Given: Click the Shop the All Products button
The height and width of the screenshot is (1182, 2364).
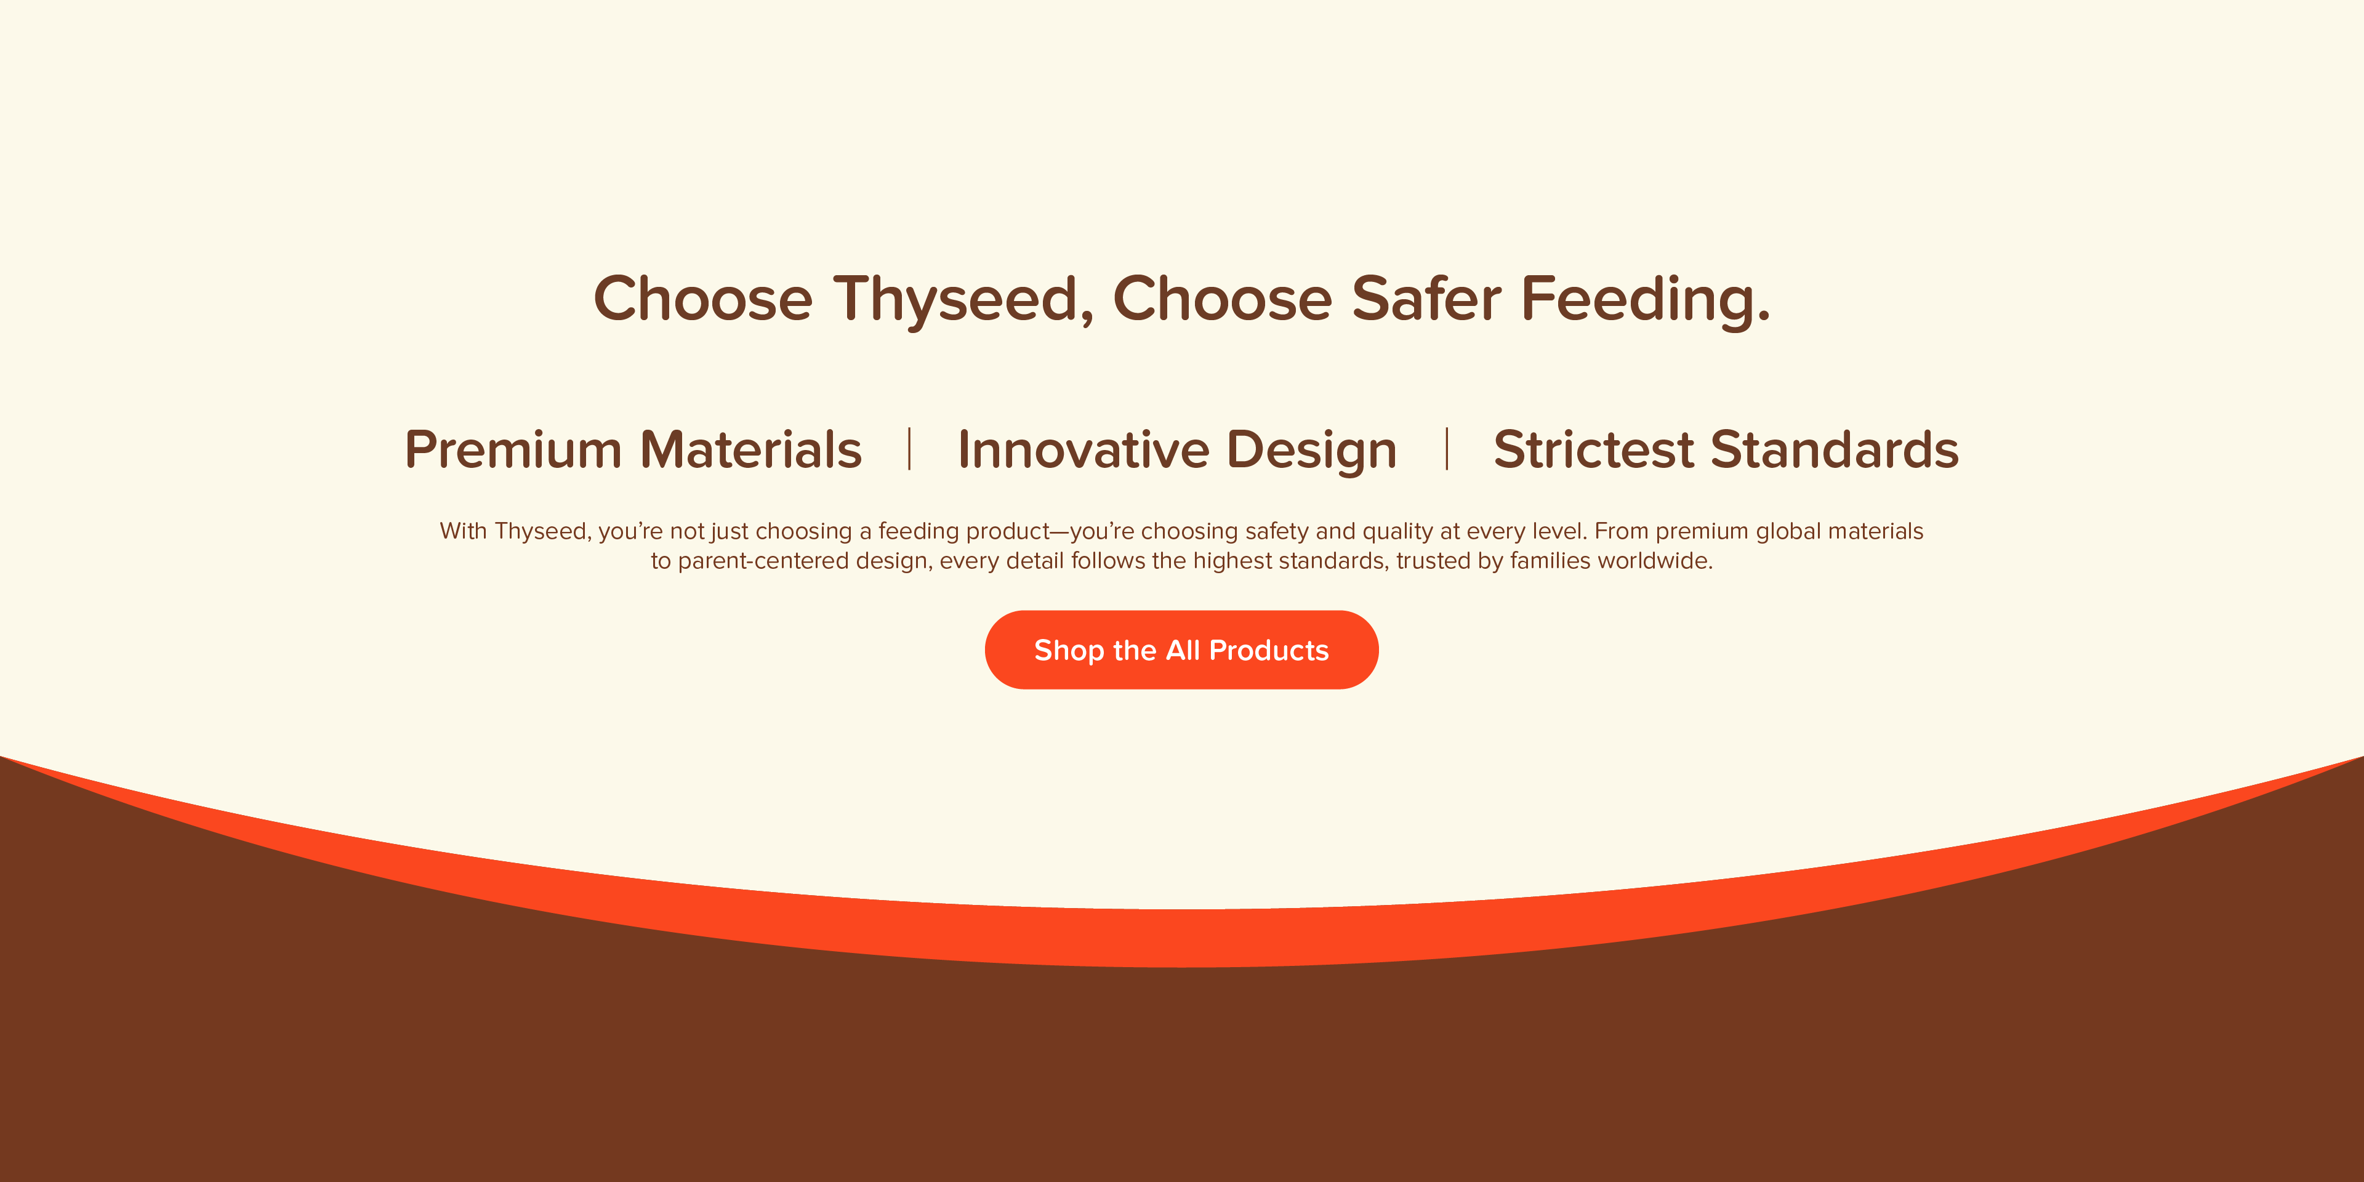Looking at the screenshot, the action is pyautogui.click(x=1181, y=649).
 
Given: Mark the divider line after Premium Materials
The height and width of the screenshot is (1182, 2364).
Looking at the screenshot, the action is pyautogui.click(x=909, y=449).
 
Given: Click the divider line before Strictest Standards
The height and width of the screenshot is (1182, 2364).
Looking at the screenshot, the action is pyautogui.click(x=1446, y=449).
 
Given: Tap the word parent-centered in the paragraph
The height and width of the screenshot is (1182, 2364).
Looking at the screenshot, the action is pyautogui.click(x=763, y=561).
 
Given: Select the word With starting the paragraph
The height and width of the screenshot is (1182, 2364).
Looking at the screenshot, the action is pyautogui.click(x=464, y=531).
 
